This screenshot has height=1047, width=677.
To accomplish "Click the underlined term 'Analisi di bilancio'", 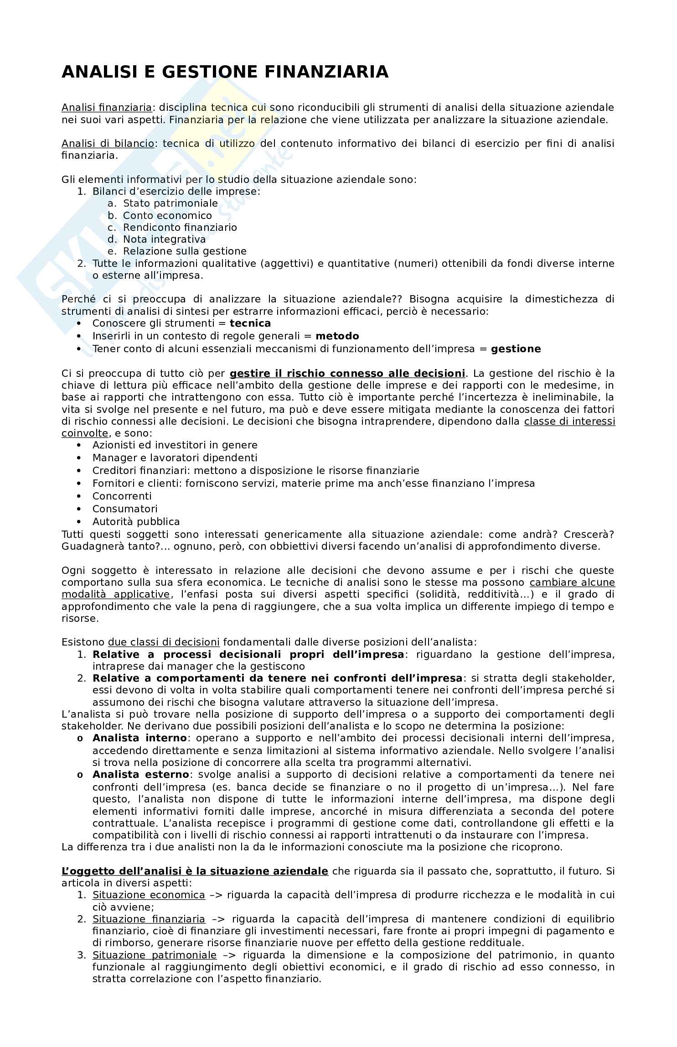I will (x=108, y=143).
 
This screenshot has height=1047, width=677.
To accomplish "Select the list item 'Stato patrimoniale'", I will (x=171, y=203).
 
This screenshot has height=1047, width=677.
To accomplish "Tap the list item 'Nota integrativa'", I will (x=164, y=239).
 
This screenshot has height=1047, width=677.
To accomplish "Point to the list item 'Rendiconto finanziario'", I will (x=180, y=227).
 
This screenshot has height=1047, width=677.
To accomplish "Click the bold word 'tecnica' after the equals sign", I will (x=250, y=323).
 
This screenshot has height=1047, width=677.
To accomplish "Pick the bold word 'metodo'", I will (x=337, y=336).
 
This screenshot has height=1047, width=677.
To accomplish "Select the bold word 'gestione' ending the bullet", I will (x=516, y=349).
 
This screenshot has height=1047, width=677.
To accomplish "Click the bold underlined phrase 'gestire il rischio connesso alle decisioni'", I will (x=347, y=374).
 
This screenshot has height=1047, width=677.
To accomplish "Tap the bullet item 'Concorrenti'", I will (x=122, y=496).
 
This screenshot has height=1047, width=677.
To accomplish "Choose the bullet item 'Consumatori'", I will (x=124, y=509).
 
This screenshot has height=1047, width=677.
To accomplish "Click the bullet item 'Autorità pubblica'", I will (x=136, y=521).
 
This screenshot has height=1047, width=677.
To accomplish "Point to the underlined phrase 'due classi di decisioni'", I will (x=164, y=642).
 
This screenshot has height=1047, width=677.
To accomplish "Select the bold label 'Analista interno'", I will (x=140, y=738).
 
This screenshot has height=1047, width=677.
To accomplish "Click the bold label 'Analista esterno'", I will (x=140, y=775).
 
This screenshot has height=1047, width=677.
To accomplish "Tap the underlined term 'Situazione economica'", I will (x=149, y=895).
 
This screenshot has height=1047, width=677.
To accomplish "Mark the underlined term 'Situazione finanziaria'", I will (x=149, y=919).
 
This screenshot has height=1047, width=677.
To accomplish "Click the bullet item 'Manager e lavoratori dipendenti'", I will (x=175, y=458).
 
